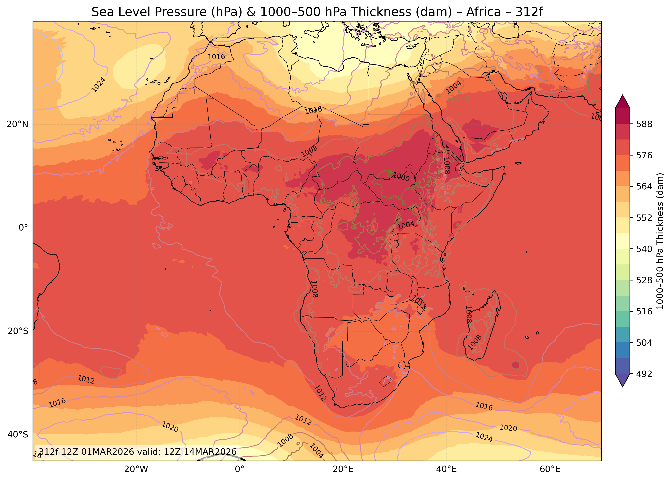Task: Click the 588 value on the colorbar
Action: point(644,124)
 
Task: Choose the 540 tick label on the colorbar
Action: point(644,249)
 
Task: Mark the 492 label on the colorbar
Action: point(644,374)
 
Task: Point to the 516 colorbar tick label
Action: point(644,311)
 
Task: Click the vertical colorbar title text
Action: point(660,241)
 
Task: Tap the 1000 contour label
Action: point(401,177)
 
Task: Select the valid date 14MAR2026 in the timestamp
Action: point(210,452)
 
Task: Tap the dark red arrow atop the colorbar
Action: point(623,101)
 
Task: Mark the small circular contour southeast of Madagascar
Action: point(515,365)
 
